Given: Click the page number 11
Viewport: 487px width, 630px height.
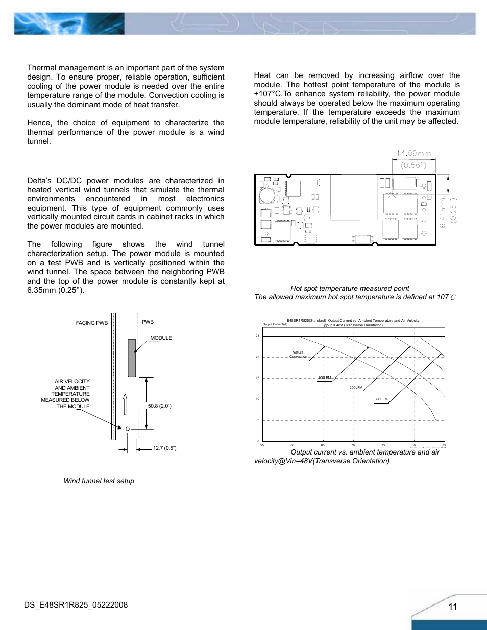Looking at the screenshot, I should point(453,607).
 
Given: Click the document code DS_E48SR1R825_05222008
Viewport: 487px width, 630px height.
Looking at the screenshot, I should point(76,605).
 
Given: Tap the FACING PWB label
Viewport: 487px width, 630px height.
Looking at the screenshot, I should point(92,323).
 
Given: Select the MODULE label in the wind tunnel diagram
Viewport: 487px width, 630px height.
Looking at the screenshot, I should point(161,338).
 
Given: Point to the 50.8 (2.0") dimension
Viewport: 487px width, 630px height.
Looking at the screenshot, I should point(159,406).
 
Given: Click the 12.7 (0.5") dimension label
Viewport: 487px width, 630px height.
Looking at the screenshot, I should point(164,448).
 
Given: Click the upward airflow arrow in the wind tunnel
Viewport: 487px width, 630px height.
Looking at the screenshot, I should point(125,404).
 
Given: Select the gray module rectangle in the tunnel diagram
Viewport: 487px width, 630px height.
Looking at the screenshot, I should point(132,358).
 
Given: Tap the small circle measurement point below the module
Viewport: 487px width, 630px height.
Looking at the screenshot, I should point(128,429).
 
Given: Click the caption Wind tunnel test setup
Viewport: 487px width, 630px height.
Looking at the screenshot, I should point(99,481).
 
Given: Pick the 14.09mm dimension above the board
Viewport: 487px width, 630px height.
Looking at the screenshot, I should point(413,153).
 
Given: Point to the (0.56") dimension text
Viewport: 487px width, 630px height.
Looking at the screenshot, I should point(413,165).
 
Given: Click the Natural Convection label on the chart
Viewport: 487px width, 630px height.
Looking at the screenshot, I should point(299,355).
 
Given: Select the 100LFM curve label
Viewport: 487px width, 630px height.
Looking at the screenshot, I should point(325,378).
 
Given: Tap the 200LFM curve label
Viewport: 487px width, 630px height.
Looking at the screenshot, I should point(356,388).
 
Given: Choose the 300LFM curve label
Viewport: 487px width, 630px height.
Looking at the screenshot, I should point(381,399).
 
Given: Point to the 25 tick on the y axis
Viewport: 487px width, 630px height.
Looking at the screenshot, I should point(257,336).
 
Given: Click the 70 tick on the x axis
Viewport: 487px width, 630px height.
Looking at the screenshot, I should point(353,445).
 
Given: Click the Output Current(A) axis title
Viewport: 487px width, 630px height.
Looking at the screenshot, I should point(275,324).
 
